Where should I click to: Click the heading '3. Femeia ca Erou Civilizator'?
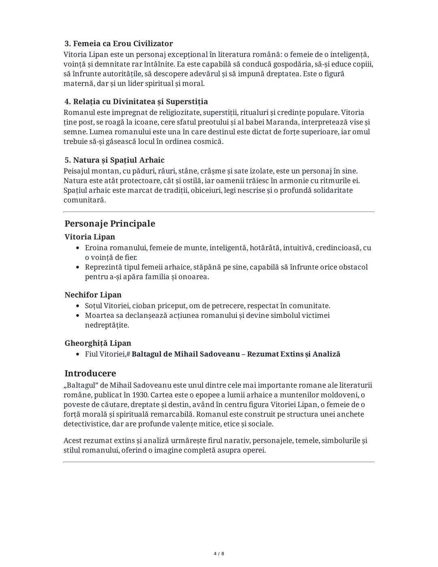click(x=118, y=44)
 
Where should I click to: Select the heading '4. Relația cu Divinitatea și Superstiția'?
click(x=136, y=101)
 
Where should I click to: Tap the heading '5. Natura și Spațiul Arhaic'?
click(x=114, y=160)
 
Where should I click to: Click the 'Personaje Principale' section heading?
click(x=109, y=224)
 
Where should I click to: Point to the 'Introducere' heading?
click(x=90, y=373)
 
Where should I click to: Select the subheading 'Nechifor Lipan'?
click(x=93, y=295)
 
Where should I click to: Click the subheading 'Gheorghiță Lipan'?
click(x=98, y=343)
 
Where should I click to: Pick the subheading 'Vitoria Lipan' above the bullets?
click(x=90, y=237)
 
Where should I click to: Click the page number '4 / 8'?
click(x=219, y=554)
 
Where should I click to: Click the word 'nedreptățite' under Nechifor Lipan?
click(x=107, y=325)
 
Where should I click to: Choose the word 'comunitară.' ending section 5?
click(x=84, y=200)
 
